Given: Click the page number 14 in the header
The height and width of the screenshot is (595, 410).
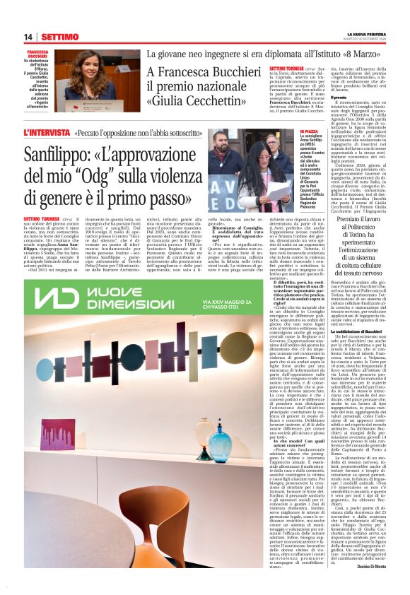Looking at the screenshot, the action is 28,37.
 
